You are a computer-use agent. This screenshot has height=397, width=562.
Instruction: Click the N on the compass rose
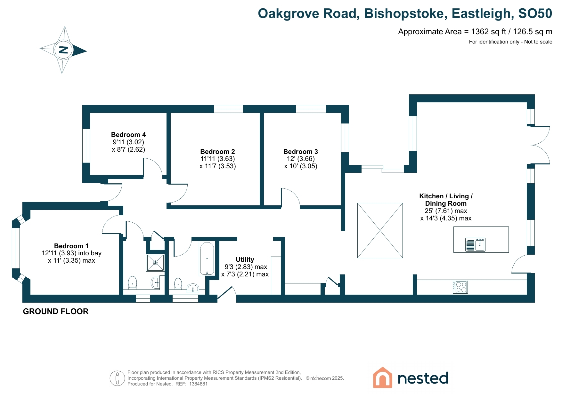pyautogui.click(x=64, y=50)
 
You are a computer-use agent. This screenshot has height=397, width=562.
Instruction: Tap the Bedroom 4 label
pyautogui.click(x=128, y=135)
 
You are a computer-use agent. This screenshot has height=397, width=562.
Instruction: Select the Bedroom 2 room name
pyautogui.click(x=218, y=152)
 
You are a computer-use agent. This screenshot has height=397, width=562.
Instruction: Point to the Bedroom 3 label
pyautogui.click(x=301, y=152)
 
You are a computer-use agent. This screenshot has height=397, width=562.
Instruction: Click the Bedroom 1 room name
pyautogui.click(x=71, y=246)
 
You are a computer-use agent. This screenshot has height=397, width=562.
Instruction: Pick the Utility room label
pyautogui.click(x=245, y=259)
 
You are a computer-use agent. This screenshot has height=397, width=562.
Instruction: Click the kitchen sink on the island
pyautogui.click(x=475, y=245)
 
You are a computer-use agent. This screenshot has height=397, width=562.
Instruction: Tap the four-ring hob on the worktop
pyautogui.click(x=460, y=287)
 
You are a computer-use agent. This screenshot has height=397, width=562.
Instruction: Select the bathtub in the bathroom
pyautogui.click(x=207, y=259)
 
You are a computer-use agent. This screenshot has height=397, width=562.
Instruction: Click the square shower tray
pyautogui.click(x=155, y=263)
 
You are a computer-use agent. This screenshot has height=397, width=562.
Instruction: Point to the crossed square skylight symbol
pyautogui.click(x=380, y=230)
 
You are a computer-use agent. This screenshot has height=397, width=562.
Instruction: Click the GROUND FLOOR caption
pyautogui.click(x=56, y=312)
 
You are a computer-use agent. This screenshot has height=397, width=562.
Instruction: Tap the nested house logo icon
pyautogui.click(x=383, y=377)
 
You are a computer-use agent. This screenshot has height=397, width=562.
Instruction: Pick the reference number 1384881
pyautogui.click(x=198, y=384)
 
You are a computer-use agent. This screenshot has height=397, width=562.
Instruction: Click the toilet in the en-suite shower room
pyautogui.click(x=133, y=282)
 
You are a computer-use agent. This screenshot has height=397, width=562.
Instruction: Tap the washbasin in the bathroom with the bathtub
pyautogui.click(x=193, y=288)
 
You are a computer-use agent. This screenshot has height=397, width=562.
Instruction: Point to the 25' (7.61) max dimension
pyautogui.click(x=446, y=211)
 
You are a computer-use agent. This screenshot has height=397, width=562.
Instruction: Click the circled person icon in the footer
pyautogui.click(x=117, y=378)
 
